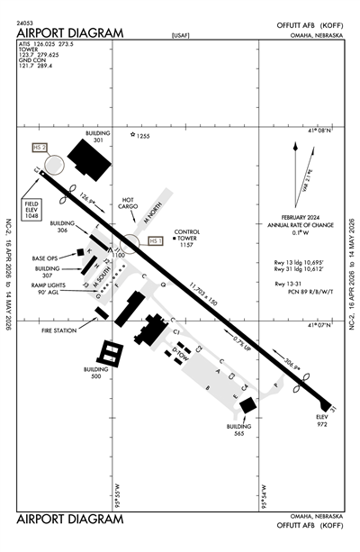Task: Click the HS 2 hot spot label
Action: click(x=39, y=147)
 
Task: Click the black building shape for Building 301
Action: click(x=88, y=159)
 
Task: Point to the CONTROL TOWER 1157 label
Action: click(x=186, y=238)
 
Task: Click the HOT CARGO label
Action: click(x=133, y=205)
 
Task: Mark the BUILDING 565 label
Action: click(x=237, y=430)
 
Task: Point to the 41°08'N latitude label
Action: click(x=319, y=131)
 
